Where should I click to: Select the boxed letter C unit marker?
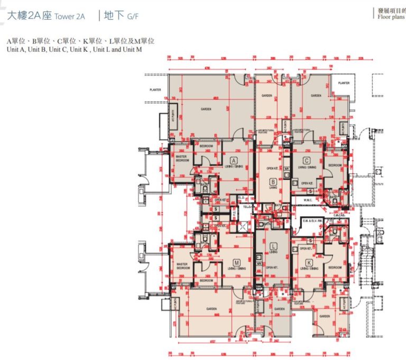coord(306,160)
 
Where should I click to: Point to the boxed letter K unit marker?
coord(309,262)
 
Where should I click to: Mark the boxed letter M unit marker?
coord(236,262)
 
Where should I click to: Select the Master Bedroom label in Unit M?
coord(182,266)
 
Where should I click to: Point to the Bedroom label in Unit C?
coord(335,165)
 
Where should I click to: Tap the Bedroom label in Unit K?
coord(335,267)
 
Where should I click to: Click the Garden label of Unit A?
coord(206,108)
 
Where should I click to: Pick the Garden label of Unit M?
coord(212,308)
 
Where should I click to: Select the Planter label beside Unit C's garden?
coord(344,83)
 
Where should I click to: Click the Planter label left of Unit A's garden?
coord(155,90)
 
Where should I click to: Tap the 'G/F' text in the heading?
coord(133,17)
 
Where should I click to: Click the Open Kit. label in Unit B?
coord(273,168)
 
